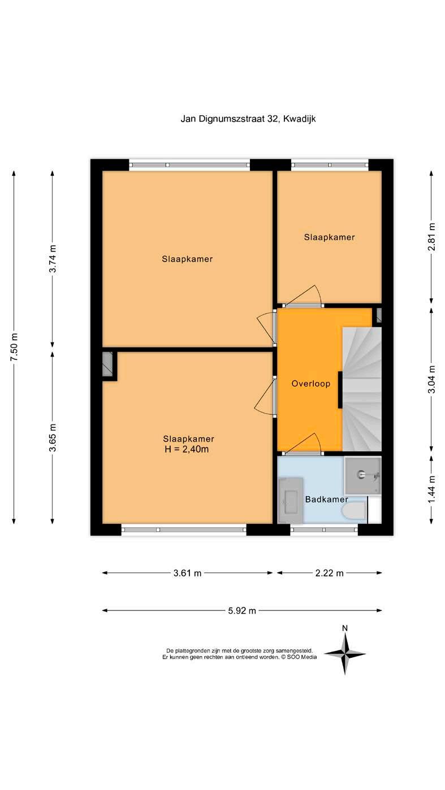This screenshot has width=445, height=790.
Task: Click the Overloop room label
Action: point(310,383)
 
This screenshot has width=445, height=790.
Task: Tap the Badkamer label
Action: point(326,499)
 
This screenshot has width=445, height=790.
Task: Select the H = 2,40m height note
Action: point(187,449)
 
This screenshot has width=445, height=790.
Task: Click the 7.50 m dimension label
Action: point(14,346)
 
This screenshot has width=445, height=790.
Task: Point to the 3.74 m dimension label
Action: point(53,258)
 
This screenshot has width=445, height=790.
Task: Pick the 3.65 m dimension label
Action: point(53,437)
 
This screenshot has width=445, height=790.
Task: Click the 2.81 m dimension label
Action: point(431,236)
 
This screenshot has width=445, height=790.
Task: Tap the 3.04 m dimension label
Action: point(431,379)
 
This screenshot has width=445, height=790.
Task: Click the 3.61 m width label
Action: point(187,573)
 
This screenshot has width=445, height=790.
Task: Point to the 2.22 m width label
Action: point(329,573)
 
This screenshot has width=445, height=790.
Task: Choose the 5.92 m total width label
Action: point(242,610)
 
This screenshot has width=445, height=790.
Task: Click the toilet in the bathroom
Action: point(355,511)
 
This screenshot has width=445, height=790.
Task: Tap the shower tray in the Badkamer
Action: point(363,475)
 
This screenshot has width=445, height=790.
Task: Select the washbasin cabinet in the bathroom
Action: point(291,500)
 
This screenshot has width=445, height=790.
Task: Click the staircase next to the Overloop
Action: point(362,389)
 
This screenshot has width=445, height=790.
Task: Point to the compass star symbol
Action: point(345,654)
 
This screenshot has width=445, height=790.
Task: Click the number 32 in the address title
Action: point(273,119)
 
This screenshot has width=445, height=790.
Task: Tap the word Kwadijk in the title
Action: point(300,119)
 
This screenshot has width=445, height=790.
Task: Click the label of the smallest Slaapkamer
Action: point(329,237)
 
